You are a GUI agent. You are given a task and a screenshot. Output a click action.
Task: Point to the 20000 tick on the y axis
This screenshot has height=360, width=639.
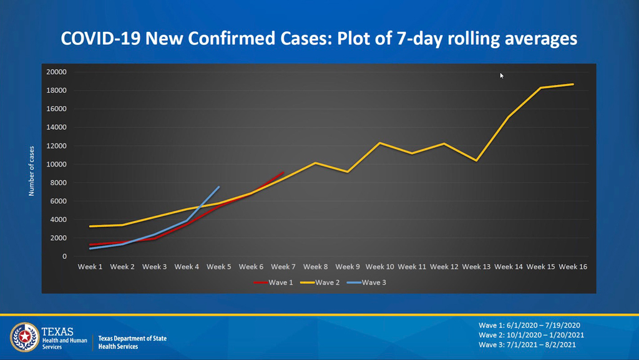57,72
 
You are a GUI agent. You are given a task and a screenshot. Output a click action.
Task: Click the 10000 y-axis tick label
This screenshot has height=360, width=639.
57,164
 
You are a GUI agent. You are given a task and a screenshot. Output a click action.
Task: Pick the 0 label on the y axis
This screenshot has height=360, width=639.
64,256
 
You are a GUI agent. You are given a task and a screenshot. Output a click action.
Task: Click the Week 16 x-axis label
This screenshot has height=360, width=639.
573,267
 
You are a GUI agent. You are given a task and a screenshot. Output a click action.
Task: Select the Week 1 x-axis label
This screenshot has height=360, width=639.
90,267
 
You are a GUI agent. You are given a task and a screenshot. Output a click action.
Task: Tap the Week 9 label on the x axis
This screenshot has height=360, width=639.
348,267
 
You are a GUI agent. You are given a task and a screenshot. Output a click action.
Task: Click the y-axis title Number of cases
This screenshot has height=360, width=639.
31,171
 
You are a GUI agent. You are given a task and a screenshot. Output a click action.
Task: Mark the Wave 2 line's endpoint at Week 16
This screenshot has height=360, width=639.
573,84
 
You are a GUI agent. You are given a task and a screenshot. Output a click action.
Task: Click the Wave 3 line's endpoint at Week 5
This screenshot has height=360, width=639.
219,187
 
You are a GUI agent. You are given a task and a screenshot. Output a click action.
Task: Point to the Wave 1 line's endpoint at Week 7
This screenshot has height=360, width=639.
283,172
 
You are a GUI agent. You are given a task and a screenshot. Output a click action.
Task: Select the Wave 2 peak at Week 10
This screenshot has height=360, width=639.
380,143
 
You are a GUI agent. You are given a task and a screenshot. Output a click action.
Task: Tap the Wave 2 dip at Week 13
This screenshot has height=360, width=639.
477,160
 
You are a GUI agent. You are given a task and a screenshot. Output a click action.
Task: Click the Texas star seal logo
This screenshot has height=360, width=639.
24,338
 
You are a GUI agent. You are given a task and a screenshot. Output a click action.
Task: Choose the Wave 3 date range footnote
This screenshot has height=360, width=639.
531,344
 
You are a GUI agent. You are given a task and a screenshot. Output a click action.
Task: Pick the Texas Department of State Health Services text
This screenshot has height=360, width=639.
132,342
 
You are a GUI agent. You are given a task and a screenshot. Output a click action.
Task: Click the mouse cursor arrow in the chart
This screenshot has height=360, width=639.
501,75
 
